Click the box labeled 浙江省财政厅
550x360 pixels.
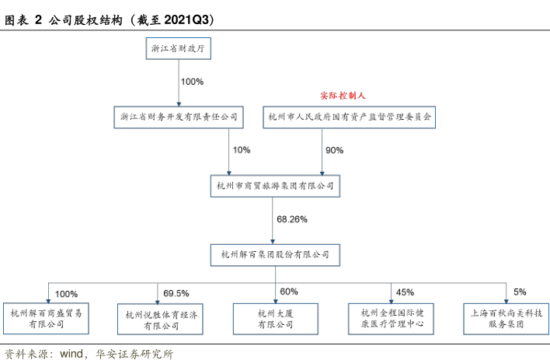tap(179, 49)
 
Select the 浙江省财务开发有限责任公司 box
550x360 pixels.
tap(178, 118)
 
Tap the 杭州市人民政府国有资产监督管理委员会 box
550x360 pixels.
tap(350, 118)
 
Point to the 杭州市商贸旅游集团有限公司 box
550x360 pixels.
tap(276, 187)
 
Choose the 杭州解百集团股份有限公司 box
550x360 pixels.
tap(276, 254)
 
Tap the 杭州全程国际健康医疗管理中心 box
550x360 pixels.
tap(392, 319)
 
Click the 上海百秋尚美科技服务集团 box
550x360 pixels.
tap(507, 319)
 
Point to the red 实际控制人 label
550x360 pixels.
tap(343, 96)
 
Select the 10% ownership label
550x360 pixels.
tap(242, 150)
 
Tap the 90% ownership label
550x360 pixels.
tap(335, 150)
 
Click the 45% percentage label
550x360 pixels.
tap(405, 292)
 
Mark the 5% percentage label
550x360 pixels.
tap(519, 292)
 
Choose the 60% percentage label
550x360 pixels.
tap(289, 292)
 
